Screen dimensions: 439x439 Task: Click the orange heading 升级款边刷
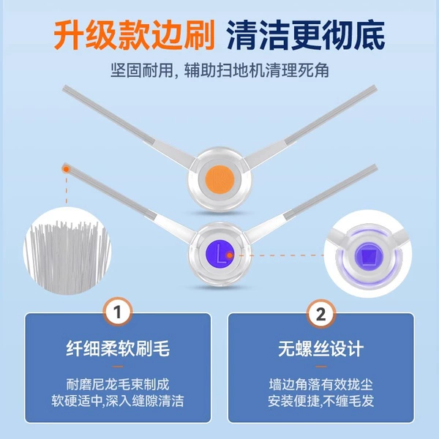pos(135,36)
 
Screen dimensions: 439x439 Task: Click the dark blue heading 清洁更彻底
pos(306,36)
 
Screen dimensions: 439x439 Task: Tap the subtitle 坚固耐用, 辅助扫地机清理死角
pos(219,70)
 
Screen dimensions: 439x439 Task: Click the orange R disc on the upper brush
pos(219,179)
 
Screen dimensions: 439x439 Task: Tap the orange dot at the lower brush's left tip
pos(66,169)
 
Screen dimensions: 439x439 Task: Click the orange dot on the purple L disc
pos(230,255)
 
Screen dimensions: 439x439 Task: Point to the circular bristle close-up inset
pos(67,251)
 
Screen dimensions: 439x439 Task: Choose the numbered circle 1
pos(118,312)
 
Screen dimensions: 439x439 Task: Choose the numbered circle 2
pos(321,314)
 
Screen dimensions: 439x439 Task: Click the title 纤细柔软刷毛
pos(118,348)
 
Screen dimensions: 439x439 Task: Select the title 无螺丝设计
pos(321,348)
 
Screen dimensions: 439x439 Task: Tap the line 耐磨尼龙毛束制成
pos(118,384)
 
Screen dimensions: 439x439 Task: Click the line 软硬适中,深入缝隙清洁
pos(118,401)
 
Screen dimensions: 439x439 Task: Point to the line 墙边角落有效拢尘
pos(321,384)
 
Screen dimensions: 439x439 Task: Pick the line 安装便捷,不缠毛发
pos(321,401)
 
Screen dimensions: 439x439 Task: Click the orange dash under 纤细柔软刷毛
pos(118,367)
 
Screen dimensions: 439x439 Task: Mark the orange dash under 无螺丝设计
pos(321,367)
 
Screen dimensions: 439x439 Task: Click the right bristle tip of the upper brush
pos(375,88)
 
